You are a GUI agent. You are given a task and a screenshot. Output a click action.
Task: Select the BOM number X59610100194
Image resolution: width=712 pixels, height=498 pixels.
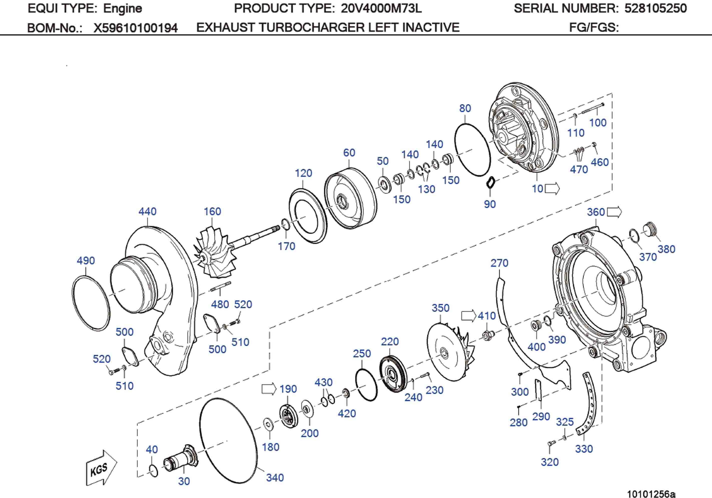[136, 28]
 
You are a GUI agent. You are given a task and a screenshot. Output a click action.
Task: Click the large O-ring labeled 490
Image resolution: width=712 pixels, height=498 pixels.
[91, 303]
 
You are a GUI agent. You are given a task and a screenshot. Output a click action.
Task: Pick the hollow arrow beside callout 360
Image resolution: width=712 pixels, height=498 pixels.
[614, 212]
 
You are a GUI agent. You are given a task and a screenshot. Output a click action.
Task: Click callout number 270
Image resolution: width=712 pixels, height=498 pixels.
[499, 263]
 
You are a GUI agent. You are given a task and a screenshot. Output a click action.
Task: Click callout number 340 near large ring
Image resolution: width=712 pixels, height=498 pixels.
[275, 477]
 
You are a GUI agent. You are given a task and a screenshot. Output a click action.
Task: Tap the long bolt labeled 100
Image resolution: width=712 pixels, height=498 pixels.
[592, 109]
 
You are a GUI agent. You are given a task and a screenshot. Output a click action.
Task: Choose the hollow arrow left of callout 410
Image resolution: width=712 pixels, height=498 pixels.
[468, 316]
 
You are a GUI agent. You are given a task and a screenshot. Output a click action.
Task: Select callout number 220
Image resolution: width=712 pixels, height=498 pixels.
[390, 342]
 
